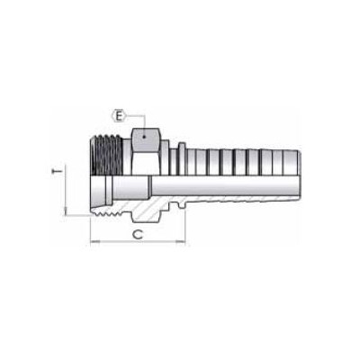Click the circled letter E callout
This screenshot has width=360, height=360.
118,114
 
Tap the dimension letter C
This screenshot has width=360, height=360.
137,233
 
